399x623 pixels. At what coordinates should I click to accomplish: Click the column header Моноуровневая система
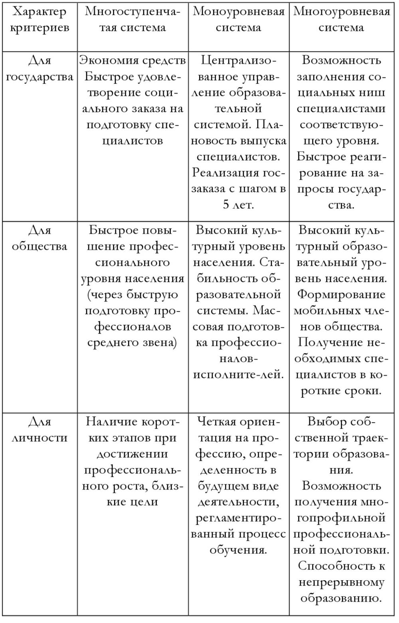[239, 20]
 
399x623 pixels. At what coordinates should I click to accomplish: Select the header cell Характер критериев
[40, 20]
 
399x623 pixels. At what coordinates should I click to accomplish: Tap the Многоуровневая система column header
[342, 20]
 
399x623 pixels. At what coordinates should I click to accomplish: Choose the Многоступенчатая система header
[132, 20]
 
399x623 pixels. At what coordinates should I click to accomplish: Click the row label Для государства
[40, 68]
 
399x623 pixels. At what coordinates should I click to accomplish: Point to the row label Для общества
[40, 238]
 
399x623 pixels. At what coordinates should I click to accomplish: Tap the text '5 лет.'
[239, 205]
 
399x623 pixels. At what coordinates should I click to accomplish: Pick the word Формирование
[342, 295]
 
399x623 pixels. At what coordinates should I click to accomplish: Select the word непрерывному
[342, 582]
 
